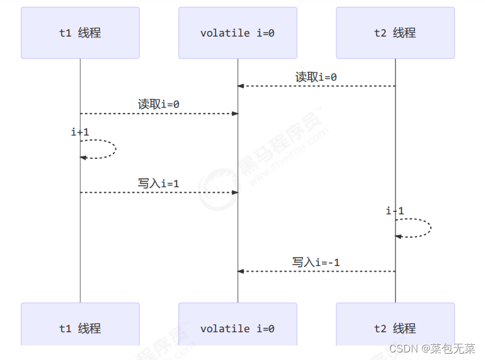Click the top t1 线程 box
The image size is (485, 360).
tap(80, 33)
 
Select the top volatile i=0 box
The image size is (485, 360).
tap(237, 33)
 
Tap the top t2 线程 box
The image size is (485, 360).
tap(395, 33)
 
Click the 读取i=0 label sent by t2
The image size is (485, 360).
tap(316, 77)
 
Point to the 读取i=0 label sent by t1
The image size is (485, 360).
tap(159, 105)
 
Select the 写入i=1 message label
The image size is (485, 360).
tap(159, 183)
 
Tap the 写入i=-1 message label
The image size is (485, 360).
tap(316, 262)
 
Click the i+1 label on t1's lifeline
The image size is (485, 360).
tap(80, 132)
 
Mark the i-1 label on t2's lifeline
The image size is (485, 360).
tap(395, 211)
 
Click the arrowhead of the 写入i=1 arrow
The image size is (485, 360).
tap(235, 192)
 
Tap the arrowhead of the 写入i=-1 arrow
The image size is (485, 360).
tap(241, 271)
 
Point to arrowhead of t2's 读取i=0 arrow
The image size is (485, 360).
tap(241, 86)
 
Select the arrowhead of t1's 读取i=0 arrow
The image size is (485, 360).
tap(235, 113)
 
